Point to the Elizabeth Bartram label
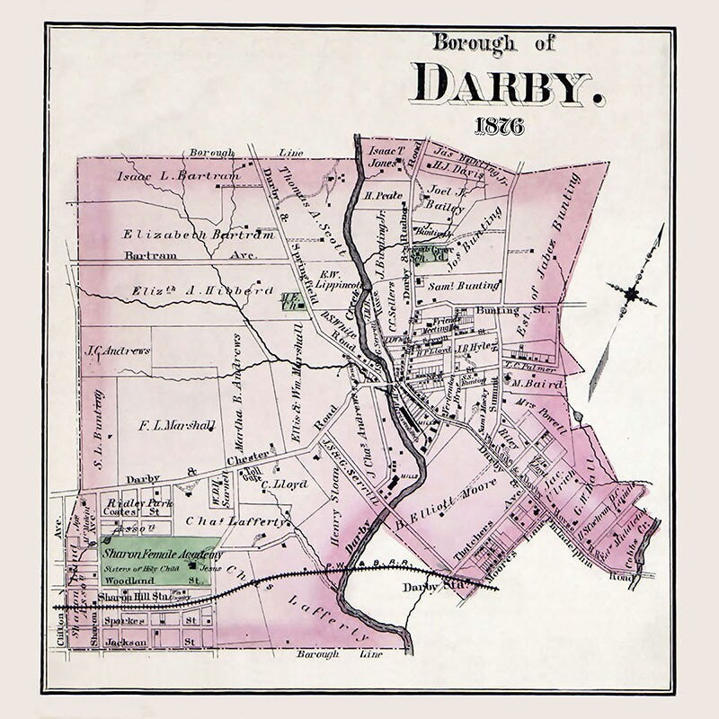pos(199,235)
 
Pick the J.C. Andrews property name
pos(117,350)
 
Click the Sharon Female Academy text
pos(162,555)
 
